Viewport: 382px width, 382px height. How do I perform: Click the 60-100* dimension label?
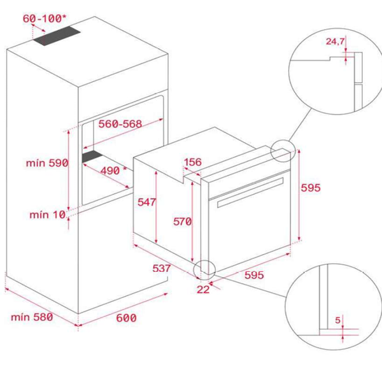pos(45,18)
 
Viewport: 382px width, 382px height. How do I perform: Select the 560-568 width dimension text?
pos(120,124)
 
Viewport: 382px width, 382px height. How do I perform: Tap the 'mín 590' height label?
pos(47,163)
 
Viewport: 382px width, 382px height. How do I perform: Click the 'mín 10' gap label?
pos(48,215)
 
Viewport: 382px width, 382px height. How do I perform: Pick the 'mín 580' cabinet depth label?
pos(32,317)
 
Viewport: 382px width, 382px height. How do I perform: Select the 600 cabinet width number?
pos(126,318)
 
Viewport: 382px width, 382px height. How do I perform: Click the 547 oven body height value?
pos(146,202)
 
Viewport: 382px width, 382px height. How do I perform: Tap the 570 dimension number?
pos(183,222)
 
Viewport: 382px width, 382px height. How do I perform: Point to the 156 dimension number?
pos(193,162)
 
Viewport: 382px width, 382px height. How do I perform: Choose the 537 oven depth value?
pos(162,268)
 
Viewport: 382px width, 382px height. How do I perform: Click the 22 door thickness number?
pos(203,290)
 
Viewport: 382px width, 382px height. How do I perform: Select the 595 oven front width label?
pos(254,275)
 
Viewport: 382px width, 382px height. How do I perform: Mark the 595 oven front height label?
pos(311,188)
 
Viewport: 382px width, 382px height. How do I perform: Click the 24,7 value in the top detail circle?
pos(336,41)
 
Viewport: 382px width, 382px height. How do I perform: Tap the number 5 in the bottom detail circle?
pos(337,320)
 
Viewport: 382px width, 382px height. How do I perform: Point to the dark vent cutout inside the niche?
pos(92,157)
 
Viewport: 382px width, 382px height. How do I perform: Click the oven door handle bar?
pos(250,192)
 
